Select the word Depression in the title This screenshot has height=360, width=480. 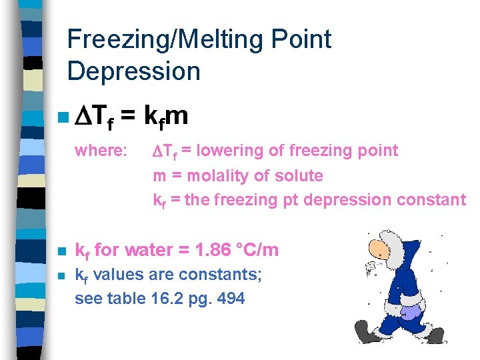(x=133, y=71)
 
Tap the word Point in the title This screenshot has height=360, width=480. (x=303, y=40)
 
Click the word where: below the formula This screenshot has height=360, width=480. (x=101, y=151)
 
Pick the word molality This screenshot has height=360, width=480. (x=221, y=176)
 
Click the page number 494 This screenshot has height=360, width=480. (x=231, y=299)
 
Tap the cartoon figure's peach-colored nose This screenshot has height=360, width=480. (x=378, y=255)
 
